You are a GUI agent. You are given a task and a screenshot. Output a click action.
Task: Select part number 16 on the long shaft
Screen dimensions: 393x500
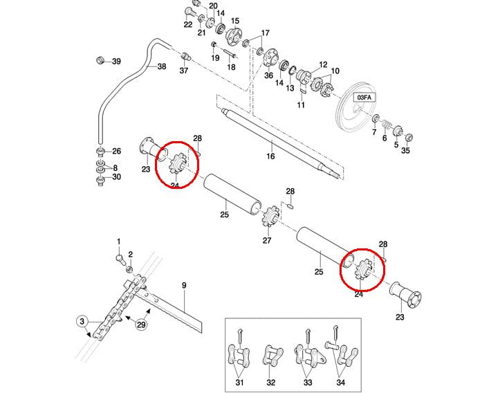tap(270, 156)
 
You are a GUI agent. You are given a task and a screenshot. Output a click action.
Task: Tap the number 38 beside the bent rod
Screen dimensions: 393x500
tap(162, 67)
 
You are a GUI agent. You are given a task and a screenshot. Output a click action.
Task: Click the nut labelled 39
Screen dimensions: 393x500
tap(100, 61)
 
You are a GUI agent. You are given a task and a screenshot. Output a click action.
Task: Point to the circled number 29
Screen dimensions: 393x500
tap(142, 325)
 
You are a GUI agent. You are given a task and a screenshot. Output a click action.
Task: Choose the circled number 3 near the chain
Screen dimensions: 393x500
tap(82, 321)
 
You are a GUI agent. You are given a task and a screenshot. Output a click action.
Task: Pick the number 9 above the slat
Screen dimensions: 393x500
tap(184, 285)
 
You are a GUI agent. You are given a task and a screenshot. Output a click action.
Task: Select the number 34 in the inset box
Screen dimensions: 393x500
tap(340, 382)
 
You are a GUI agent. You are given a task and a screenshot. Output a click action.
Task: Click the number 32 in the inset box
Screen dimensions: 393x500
tap(271, 382)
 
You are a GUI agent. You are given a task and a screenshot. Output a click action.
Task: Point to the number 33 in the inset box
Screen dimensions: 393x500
tap(306, 382)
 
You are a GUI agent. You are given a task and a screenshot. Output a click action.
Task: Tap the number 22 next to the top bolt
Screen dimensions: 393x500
tap(187, 25)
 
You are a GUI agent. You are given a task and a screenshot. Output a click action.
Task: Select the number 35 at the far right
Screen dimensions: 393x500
tap(405, 150)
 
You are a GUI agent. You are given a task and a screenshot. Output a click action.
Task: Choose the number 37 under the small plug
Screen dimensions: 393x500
tap(184, 71)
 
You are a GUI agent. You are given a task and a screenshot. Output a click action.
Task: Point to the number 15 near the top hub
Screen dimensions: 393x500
tap(234, 21)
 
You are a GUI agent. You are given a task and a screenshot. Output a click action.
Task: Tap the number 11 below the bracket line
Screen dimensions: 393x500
tap(301, 104)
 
